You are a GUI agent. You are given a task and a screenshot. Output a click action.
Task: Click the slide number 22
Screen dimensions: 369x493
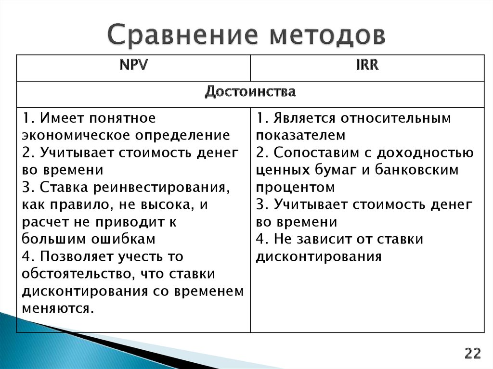click(472, 354)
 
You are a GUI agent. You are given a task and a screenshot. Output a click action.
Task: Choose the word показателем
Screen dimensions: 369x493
click(301, 135)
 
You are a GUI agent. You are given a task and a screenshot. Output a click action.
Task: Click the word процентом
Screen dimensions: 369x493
click(295, 187)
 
